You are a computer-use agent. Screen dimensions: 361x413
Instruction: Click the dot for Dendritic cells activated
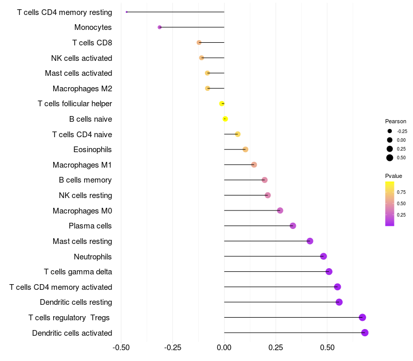coord(364,333)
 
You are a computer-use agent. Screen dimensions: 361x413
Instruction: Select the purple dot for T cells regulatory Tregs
coord(362,318)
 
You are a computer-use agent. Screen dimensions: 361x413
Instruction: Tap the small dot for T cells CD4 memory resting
coord(126,12)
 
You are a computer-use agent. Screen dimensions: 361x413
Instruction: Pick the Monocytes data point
coord(160,27)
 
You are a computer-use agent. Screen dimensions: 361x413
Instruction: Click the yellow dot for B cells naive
coord(225,119)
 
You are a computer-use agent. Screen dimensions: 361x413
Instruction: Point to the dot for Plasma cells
coord(293,226)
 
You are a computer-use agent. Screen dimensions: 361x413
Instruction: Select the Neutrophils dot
coord(324,256)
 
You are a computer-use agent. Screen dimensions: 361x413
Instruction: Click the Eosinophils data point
coord(245,150)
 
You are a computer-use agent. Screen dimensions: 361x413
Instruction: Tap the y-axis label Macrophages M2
coord(82,89)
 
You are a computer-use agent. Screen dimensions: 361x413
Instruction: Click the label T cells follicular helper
coord(75,104)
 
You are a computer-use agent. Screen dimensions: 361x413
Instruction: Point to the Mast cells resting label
coord(82,241)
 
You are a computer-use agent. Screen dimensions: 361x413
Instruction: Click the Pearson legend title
coord(395,121)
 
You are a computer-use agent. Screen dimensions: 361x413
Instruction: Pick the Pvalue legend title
coord(393,176)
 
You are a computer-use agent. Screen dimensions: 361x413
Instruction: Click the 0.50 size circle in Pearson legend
coord(390,158)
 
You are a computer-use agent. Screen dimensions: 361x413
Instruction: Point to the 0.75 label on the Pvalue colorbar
coord(401,192)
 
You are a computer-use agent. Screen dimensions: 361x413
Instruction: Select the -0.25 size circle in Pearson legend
coord(390,131)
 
